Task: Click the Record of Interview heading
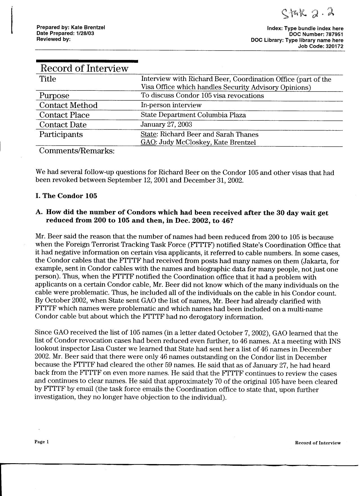click(84, 68)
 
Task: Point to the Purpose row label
click(54, 96)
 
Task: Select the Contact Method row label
click(68, 105)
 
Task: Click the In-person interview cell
click(171, 105)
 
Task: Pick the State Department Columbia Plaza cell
click(193, 115)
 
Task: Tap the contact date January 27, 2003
click(166, 125)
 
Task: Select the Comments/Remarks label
click(77, 151)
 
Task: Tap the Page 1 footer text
click(42, 442)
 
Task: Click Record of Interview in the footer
click(318, 443)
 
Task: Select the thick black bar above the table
click(87, 61)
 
